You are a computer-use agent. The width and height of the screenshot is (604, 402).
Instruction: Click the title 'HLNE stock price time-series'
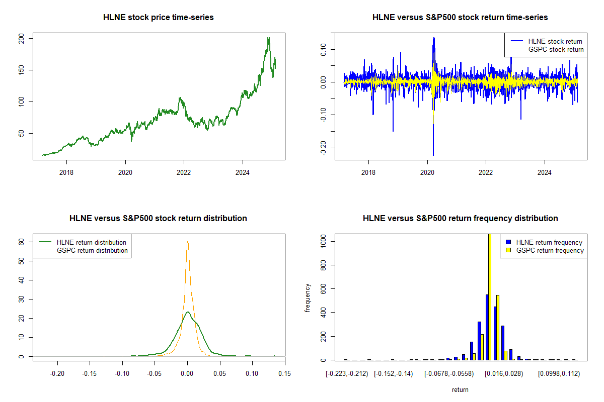point(158,18)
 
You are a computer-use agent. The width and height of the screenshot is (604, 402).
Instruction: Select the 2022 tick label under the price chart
point(184,172)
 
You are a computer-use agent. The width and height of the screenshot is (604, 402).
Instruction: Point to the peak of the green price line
point(269,38)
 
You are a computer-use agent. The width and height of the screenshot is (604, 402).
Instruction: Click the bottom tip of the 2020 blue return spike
point(433,155)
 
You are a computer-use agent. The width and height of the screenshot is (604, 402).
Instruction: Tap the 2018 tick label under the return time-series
point(368,172)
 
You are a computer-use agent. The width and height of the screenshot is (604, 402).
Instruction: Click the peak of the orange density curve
point(188,242)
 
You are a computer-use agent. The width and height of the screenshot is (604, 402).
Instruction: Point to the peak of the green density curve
point(188,312)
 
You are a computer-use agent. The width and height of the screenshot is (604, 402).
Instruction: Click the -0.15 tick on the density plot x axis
point(90,373)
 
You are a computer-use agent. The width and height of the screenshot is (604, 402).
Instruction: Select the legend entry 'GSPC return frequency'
point(550,250)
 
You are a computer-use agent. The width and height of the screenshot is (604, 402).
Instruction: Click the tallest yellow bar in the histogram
point(490,296)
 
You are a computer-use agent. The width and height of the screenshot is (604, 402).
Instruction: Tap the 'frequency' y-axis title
point(309,297)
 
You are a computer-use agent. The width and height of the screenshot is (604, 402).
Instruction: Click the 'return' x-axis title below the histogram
point(460,389)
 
